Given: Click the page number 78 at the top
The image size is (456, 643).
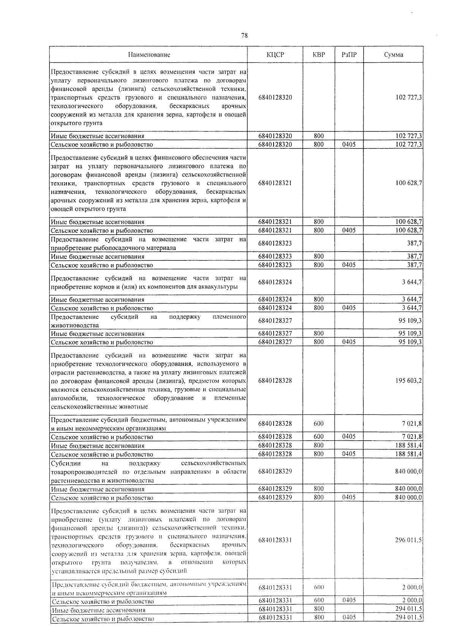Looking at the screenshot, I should (244, 36).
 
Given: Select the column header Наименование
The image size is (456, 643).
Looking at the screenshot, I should (149, 55).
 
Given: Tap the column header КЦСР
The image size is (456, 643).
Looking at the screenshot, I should (275, 55).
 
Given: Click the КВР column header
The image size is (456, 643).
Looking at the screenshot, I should (319, 55).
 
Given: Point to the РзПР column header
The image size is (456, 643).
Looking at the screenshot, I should (349, 55).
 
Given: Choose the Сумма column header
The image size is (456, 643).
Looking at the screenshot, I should (393, 55).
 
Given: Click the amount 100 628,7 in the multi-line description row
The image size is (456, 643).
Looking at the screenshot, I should (408, 183).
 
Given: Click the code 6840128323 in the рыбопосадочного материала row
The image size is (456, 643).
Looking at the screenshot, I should (275, 243).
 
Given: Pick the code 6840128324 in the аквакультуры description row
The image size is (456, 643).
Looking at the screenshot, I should (275, 282).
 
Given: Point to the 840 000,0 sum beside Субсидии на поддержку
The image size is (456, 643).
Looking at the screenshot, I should (408, 471).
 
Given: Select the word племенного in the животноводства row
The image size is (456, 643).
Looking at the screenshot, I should (229, 317).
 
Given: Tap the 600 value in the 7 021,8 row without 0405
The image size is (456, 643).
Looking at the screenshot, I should (319, 424).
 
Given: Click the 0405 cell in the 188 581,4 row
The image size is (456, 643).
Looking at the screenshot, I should (349, 454).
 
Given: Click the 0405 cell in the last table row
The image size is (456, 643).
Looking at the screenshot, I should (349, 617).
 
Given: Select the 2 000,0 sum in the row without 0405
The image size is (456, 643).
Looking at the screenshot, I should (412, 588).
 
